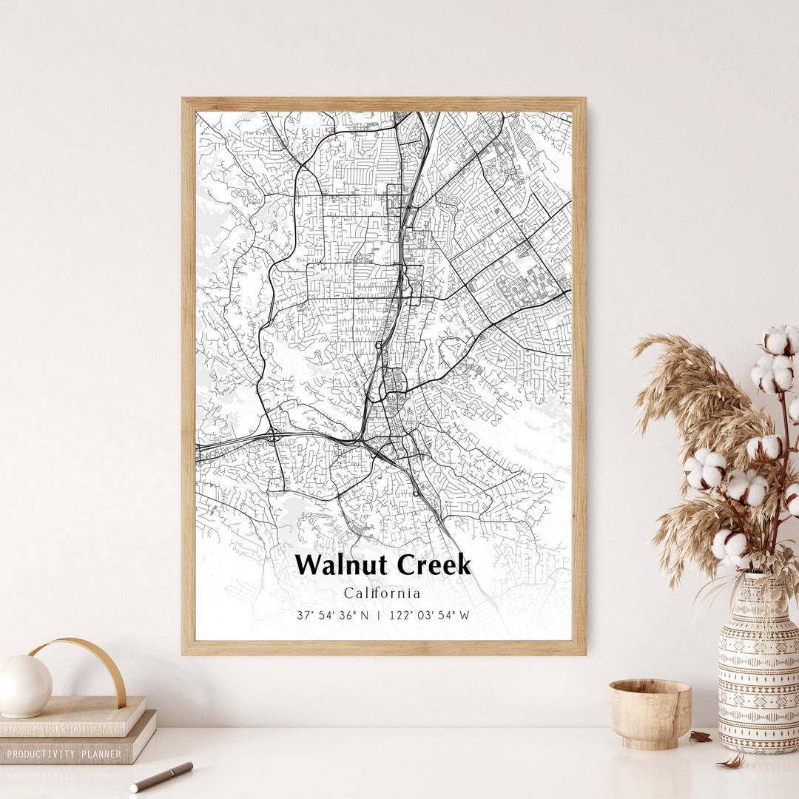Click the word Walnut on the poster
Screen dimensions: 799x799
coord(343,565)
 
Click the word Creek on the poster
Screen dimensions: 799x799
coord(433,565)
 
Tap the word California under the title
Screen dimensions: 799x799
coord(382,593)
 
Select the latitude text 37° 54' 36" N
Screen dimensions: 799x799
coord(333,616)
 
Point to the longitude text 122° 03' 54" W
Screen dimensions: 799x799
coord(429,616)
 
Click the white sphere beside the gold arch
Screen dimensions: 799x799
coord(24,686)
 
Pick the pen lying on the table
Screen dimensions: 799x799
coord(161,777)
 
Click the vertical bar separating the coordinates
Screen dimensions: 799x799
coord(380,616)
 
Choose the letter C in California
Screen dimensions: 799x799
coord(348,593)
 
